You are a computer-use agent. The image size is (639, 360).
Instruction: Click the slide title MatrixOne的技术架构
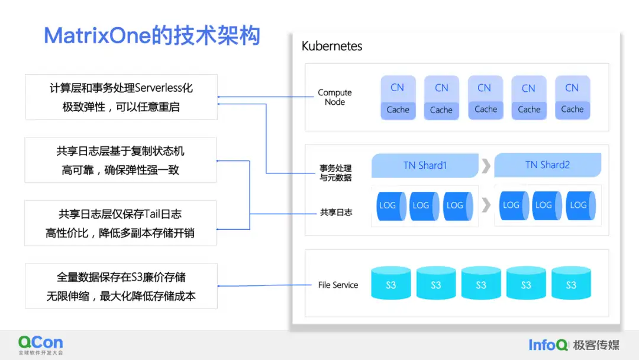tap(152, 36)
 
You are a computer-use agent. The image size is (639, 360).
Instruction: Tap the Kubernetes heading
tap(331, 46)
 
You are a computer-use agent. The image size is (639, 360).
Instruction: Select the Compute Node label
tap(334, 97)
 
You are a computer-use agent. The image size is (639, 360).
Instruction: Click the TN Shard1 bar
tap(424, 166)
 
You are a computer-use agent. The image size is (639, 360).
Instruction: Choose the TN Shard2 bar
tap(547, 165)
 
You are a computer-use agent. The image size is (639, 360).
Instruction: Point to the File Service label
tap(338, 285)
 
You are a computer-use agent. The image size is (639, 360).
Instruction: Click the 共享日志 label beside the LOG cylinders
tap(336, 212)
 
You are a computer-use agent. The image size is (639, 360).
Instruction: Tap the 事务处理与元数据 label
tap(335, 173)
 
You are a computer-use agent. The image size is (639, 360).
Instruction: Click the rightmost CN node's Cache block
tap(572, 110)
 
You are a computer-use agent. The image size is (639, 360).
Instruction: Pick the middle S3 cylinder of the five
tap(481, 283)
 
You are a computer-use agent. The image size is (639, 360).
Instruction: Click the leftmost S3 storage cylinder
tap(391, 283)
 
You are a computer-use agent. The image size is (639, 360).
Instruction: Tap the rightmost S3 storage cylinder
tap(571, 283)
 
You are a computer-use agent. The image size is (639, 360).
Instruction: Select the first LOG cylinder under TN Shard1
tap(388, 205)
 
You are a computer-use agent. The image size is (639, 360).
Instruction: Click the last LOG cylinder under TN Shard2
tap(578, 205)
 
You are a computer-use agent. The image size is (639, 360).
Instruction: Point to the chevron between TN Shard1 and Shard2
tap(486, 166)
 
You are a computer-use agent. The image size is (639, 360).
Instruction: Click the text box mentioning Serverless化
tap(121, 97)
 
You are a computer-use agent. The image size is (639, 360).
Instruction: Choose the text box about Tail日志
tap(120, 223)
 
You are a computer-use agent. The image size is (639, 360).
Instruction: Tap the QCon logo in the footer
tap(40, 345)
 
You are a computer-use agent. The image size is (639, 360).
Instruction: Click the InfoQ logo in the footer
tap(548, 345)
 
